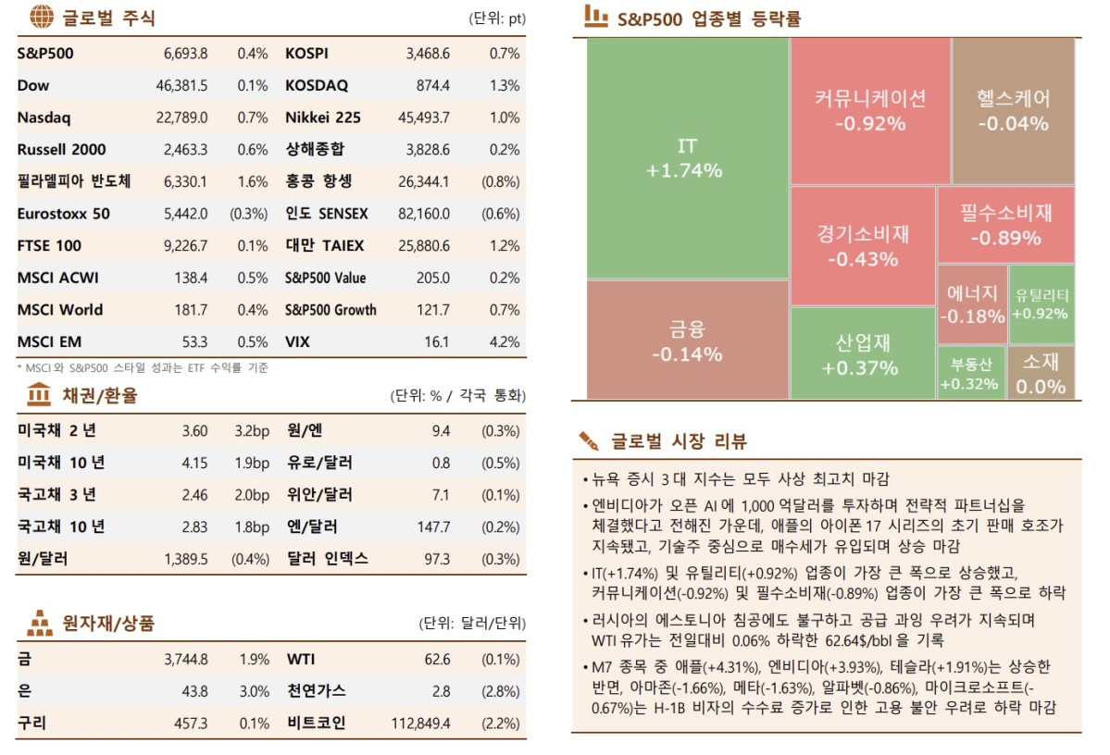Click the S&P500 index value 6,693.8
pyautogui.click(x=185, y=54)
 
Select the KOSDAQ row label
pyautogui.click(x=317, y=86)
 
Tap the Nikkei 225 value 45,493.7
pyautogui.click(x=424, y=118)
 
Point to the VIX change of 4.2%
pyautogui.click(x=505, y=342)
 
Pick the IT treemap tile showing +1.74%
pyautogui.click(x=687, y=158)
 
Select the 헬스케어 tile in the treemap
pyautogui.click(x=1013, y=111)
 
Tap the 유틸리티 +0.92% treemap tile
pyautogui.click(x=1041, y=304)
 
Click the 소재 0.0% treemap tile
pyautogui.click(x=1041, y=374)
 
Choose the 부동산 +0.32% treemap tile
pyautogui.click(x=969, y=374)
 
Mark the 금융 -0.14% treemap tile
pyautogui.click(x=687, y=340)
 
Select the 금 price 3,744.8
pyautogui.click(x=185, y=660)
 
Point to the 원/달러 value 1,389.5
pyautogui.click(x=185, y=559)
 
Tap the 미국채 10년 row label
pyautogui.click(x=61, y=463)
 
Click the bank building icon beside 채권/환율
pyautogui.click(x=40, y=396)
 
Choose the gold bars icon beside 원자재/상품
pyautogui.click(x=40, y=624)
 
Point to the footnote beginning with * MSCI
pyautogui.click(x=143, y=367)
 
